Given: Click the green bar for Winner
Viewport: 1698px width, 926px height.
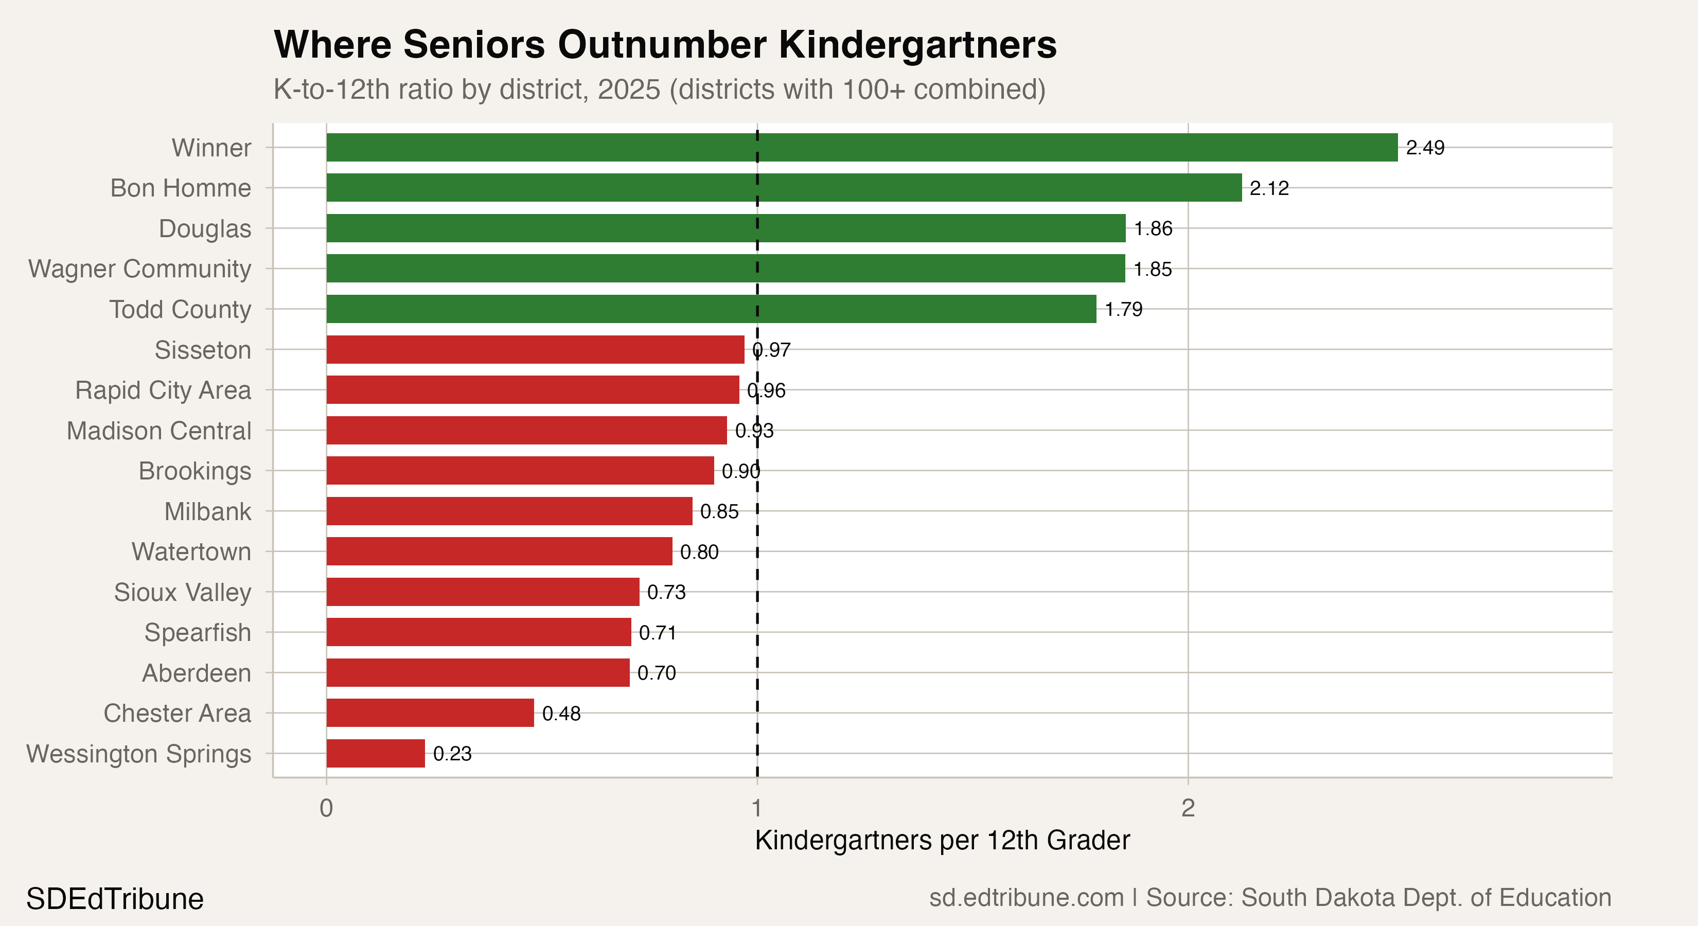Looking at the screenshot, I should coord(861,148).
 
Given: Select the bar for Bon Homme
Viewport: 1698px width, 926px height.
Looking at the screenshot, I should coord(784,188).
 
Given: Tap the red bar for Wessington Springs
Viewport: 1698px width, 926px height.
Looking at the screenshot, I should coord(376,753).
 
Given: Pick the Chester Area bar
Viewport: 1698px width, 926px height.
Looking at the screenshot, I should coord(430,713).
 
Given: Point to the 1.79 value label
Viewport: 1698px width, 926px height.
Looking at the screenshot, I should coord(1123,309).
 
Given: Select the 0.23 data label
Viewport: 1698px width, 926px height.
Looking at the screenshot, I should coord(452,753).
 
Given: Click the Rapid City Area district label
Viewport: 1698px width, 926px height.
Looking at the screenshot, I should coord(163,390).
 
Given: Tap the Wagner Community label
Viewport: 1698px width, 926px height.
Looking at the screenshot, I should coord(140,269).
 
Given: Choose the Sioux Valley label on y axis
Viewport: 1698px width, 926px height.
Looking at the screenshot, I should coord(183,592).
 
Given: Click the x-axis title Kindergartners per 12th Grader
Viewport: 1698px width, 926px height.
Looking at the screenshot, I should coord(942,840).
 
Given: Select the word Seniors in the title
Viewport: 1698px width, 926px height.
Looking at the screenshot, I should coord(474,45).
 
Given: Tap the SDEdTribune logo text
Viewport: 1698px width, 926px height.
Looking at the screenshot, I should coord(115,899).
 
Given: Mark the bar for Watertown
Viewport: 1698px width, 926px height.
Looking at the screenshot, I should coord(499,551).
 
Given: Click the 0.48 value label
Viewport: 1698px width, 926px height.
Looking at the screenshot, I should coord(561,713).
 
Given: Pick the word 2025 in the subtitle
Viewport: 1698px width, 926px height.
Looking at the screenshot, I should coord(628,90).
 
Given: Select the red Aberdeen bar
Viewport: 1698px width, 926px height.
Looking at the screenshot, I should coord(478,673).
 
